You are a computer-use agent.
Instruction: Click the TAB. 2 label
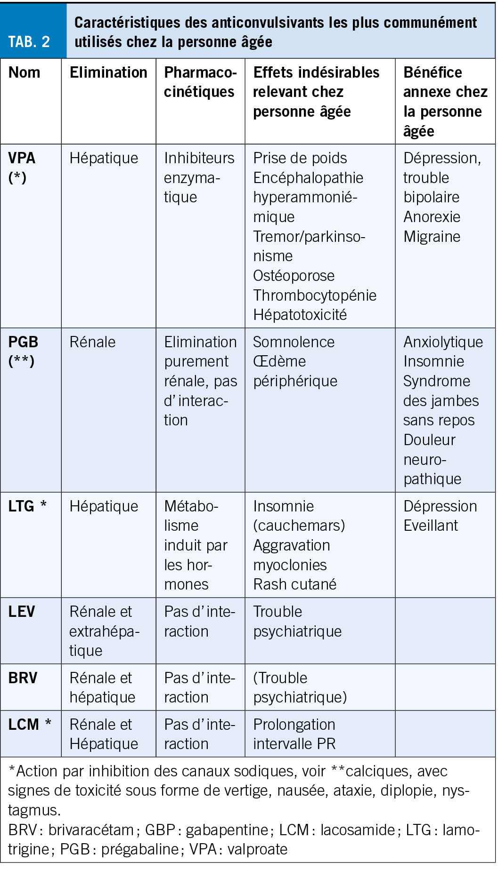pos(29,41)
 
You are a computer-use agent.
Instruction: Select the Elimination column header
pos(108,72)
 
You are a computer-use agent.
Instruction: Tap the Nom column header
pos(24,72)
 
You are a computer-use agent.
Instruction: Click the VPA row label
pos(22,158)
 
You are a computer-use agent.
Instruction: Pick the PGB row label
pos(23,342)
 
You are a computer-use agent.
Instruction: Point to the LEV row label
pos(21,612)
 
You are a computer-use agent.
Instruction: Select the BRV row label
pos(23,678)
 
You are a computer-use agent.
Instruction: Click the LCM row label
pos(24,724)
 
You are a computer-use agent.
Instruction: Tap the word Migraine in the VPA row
pos(432,237)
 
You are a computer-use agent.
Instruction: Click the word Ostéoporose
pos(294,276)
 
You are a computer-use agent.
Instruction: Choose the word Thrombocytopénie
pos(315,295)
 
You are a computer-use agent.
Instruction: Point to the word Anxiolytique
pos(443,342)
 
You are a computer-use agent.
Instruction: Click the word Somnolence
pos(294,342)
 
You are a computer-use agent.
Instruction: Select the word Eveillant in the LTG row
pos(431,526)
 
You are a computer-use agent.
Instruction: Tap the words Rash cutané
pos(294,584)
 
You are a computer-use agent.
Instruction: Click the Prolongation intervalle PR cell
pos(294,734)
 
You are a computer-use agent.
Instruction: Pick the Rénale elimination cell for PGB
pos(92,342)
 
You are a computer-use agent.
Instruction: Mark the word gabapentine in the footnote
pos(227,830)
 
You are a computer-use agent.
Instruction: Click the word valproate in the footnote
pos(257,849)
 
